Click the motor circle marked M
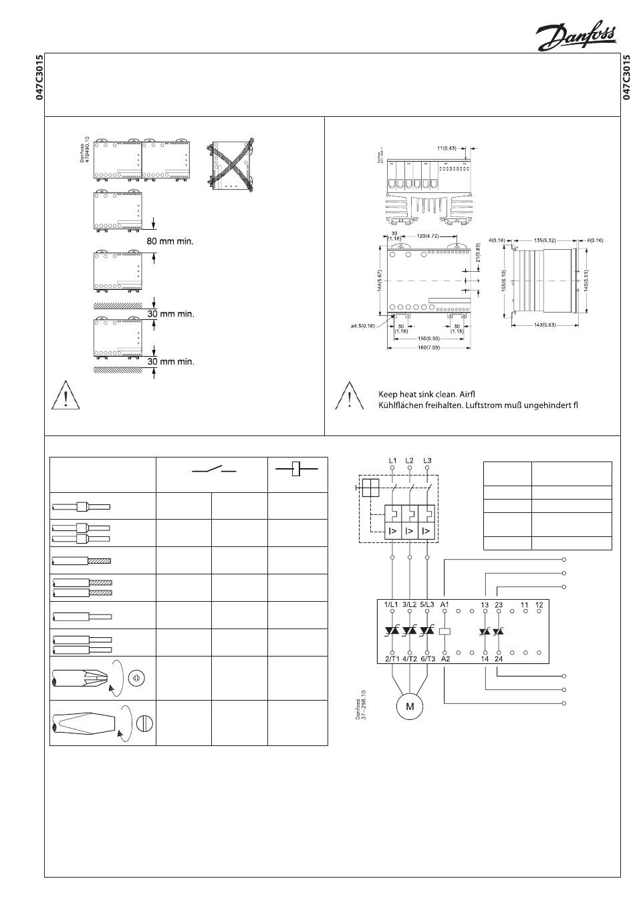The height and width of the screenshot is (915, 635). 410,707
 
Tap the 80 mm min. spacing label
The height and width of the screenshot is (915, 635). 170,241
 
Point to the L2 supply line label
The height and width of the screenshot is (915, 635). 409,460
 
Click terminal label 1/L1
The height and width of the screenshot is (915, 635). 392,605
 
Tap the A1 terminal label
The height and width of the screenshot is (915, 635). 445,605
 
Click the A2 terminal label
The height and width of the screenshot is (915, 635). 445,659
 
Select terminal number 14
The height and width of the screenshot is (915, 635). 484,659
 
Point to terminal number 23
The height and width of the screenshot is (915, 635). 499,605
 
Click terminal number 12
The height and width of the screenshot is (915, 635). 539,605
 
